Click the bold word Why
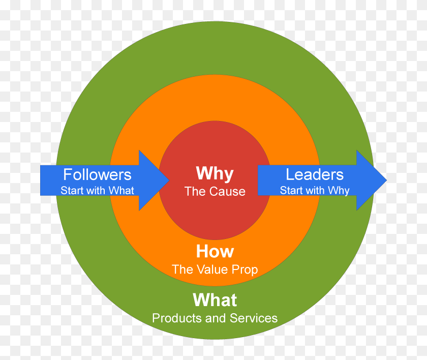(215, 173)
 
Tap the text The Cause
(215, 192)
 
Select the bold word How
(215, 251)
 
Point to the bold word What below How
(215, 300)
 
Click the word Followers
(97, 175)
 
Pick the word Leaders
(315, 175)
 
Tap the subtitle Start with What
(97, 191)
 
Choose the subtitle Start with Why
(315, 191)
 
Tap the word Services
(254, 318)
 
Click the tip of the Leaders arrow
(386, 180)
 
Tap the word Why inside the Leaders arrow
(339, 191)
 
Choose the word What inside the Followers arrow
(121, 191)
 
